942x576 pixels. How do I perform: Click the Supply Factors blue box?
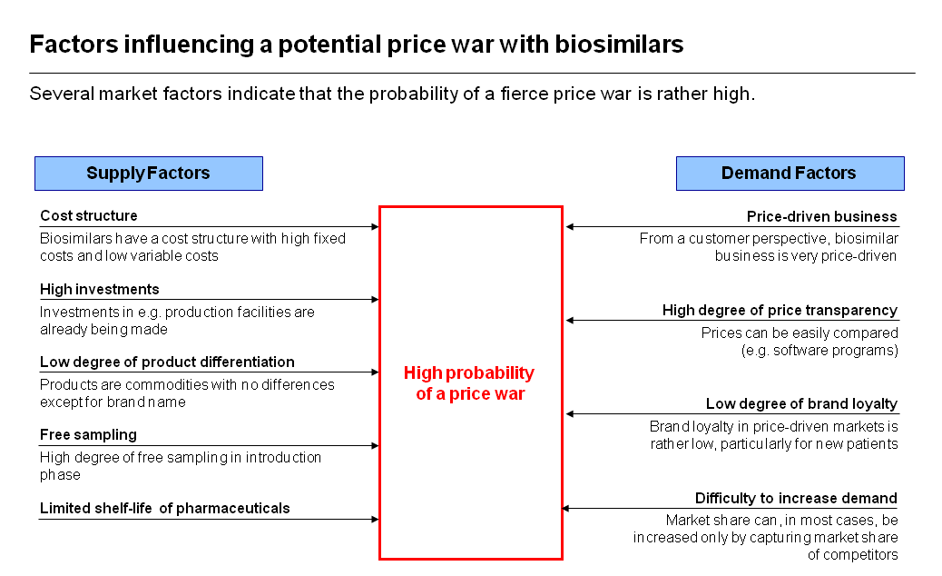pos(149,174)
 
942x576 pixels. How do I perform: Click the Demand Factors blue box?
pos(790,174)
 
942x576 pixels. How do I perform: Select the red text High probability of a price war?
pos(469,383)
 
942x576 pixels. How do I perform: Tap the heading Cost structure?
pos(89,216)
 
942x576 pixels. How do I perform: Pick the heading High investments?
pos(100,289)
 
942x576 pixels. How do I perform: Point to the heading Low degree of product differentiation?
pos(167,362)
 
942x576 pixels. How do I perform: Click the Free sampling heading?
pos(88,434)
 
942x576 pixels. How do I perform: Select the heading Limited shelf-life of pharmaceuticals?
pos(164,508)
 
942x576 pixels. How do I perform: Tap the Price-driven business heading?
pos(822,216)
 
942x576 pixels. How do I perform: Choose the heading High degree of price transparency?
pos(780,310)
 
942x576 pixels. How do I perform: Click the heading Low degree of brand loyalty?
pos(801,404)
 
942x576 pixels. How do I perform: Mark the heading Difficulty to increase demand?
pos(796,499)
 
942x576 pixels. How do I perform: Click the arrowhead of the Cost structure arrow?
pos(376,226)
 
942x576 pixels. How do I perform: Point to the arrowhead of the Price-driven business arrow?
pos(570,226)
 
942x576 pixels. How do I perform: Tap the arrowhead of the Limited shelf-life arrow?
pos(376,519)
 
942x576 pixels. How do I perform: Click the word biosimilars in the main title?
pos(619,45)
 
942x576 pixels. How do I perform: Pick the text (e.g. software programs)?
pos(819,351)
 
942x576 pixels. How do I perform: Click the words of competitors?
pos(852,555)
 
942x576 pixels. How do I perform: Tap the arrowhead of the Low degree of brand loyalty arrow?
pos(570,413)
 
